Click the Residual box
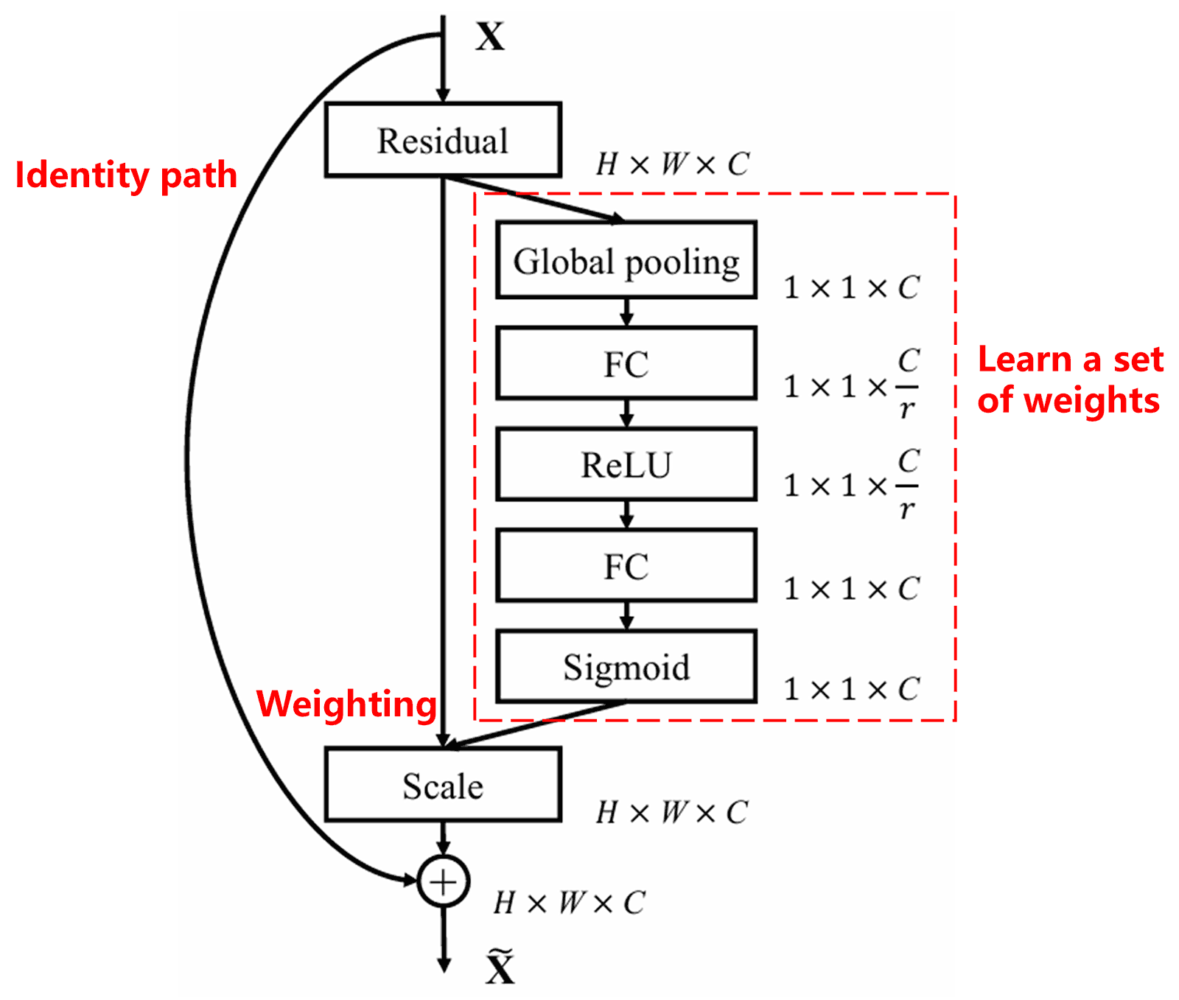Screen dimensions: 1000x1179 tap(443, 140)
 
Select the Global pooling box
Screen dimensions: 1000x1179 tap(626, 260)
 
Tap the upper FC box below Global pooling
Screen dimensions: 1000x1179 tap(626, 363)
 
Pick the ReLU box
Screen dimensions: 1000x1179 tap(626, 464)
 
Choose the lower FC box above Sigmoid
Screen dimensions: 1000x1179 tap(626, 565)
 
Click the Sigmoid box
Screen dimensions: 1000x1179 tap(626, 666)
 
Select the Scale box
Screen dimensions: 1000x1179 tap(443, 785)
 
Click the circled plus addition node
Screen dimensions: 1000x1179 tap(443, 881)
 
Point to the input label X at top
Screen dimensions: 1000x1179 tap(490, 36)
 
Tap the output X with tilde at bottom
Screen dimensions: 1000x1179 tap(500, 968)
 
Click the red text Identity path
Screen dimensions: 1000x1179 tap(126, 175)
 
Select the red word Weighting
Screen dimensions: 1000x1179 tap(346, 704)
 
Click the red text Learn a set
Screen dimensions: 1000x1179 tap(1070, 360)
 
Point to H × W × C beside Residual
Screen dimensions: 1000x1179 tap(672, 164)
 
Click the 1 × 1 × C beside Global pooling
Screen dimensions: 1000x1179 tap(851, 287)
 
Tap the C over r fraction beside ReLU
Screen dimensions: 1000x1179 tap(908, 485)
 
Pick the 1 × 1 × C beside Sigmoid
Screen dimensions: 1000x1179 tap(851, 689)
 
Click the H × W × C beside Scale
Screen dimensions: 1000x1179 tap(672, 812)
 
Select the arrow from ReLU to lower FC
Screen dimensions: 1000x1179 tap(626, 514)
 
